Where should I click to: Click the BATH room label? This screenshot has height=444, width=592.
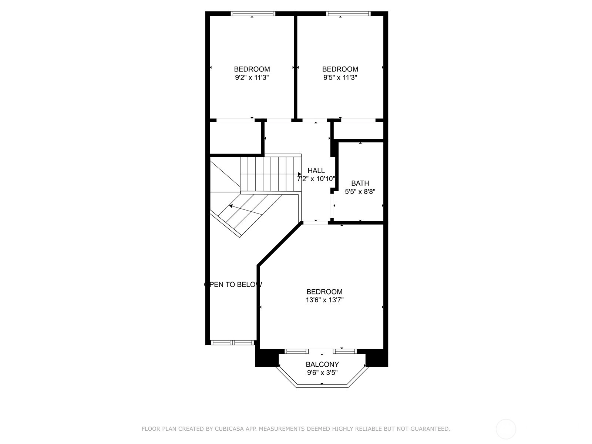(x=360, y=183)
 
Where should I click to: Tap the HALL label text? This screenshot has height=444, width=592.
(x=316, y=171)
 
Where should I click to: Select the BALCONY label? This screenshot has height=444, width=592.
(x=322, y=364)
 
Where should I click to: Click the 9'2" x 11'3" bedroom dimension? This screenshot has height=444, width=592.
(x=252, y=78)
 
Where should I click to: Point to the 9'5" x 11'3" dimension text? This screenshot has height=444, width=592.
(x=340, y=78)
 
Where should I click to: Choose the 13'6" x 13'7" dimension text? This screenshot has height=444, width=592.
(x=324, y=300)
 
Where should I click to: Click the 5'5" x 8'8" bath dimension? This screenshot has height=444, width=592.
(x=360, y=192)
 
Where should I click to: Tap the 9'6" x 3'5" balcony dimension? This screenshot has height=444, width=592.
(x=322, y=373)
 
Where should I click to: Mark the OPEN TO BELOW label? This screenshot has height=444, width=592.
(x=233, y=285)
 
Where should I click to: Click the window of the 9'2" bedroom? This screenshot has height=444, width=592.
(x=253, y=13)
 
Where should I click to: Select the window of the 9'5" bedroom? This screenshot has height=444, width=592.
(x=348, y=13)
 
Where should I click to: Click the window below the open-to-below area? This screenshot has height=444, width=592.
(x=232, y=343)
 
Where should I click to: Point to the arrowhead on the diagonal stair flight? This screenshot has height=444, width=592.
(x=231, y=206)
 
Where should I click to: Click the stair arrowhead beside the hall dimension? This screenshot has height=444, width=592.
(x=299, y=174)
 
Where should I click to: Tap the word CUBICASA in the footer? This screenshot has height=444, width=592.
(x=228, y=428)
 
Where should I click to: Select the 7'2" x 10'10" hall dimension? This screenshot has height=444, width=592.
(x=316, y=179)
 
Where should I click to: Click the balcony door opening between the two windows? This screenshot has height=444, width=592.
(x=321, y=351)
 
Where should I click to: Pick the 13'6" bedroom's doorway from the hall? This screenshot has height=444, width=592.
(x=316, y=223)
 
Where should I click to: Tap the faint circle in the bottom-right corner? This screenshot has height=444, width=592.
(x=506, y=429)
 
